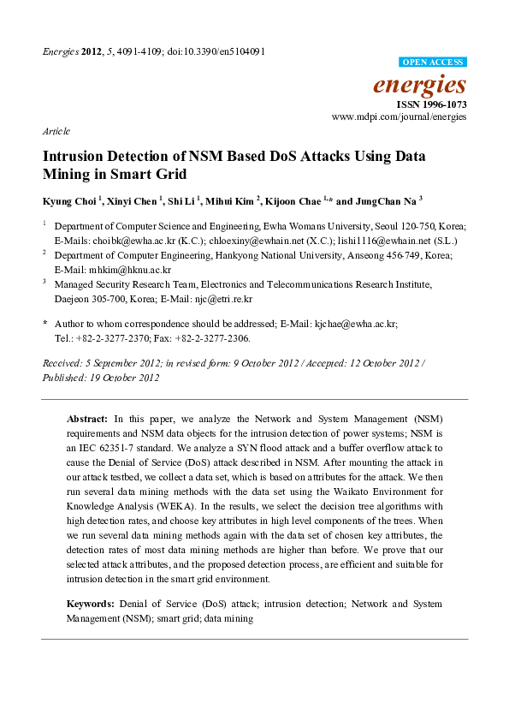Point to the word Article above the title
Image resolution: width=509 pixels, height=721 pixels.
point(56,131)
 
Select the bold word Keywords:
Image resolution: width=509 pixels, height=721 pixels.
point(92,604)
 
